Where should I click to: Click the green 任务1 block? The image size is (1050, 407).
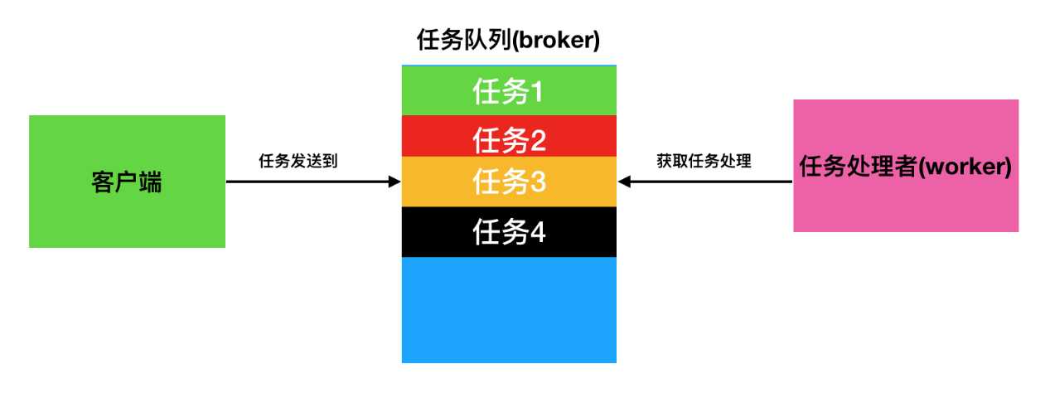pos(509,90)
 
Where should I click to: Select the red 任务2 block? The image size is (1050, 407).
pos(509,137)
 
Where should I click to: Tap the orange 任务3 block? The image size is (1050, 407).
pos(509,182)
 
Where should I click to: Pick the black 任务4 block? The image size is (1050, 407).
pos(509,232)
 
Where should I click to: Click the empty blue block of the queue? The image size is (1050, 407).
pos(509,309)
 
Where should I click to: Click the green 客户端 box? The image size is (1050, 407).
pos(127,182)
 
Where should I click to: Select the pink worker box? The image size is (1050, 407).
pos(906,166)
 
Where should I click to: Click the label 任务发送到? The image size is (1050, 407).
pos(298,162)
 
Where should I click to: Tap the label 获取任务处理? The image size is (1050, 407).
pos(704,162)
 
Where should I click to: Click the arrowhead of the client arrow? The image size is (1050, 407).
pos(395,182)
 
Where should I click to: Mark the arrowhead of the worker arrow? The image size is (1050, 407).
pos(624,182)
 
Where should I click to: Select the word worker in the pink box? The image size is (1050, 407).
pos(965,167)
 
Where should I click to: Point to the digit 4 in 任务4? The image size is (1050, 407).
pos(537,233)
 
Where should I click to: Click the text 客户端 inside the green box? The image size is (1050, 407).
pos(127,182)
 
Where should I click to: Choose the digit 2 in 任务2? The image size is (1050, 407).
pos(537,142)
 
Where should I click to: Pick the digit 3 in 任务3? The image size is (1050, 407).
pos(537,182)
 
